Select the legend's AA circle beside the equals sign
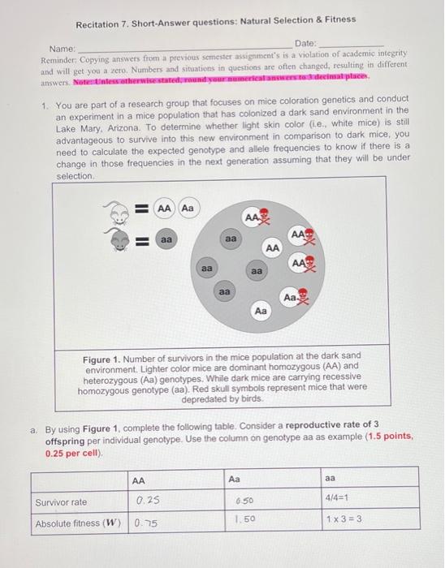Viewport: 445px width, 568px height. (x=165, y=209)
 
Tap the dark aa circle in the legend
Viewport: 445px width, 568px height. (x=165, y=240)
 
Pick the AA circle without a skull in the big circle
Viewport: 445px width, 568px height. (x=273, y=247)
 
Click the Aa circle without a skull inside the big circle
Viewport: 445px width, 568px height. (x=261, y=311)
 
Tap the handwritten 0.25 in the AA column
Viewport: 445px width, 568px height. (x=147, y=501)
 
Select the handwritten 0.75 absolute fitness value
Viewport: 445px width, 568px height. (x=147, y=523)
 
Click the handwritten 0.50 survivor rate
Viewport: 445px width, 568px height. (x=235, y=501)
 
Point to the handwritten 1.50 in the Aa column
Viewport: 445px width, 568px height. (x=237, y=519)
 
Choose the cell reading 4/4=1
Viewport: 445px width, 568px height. (x=340, y=500)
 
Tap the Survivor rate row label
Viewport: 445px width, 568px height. (x=61, y=501)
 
